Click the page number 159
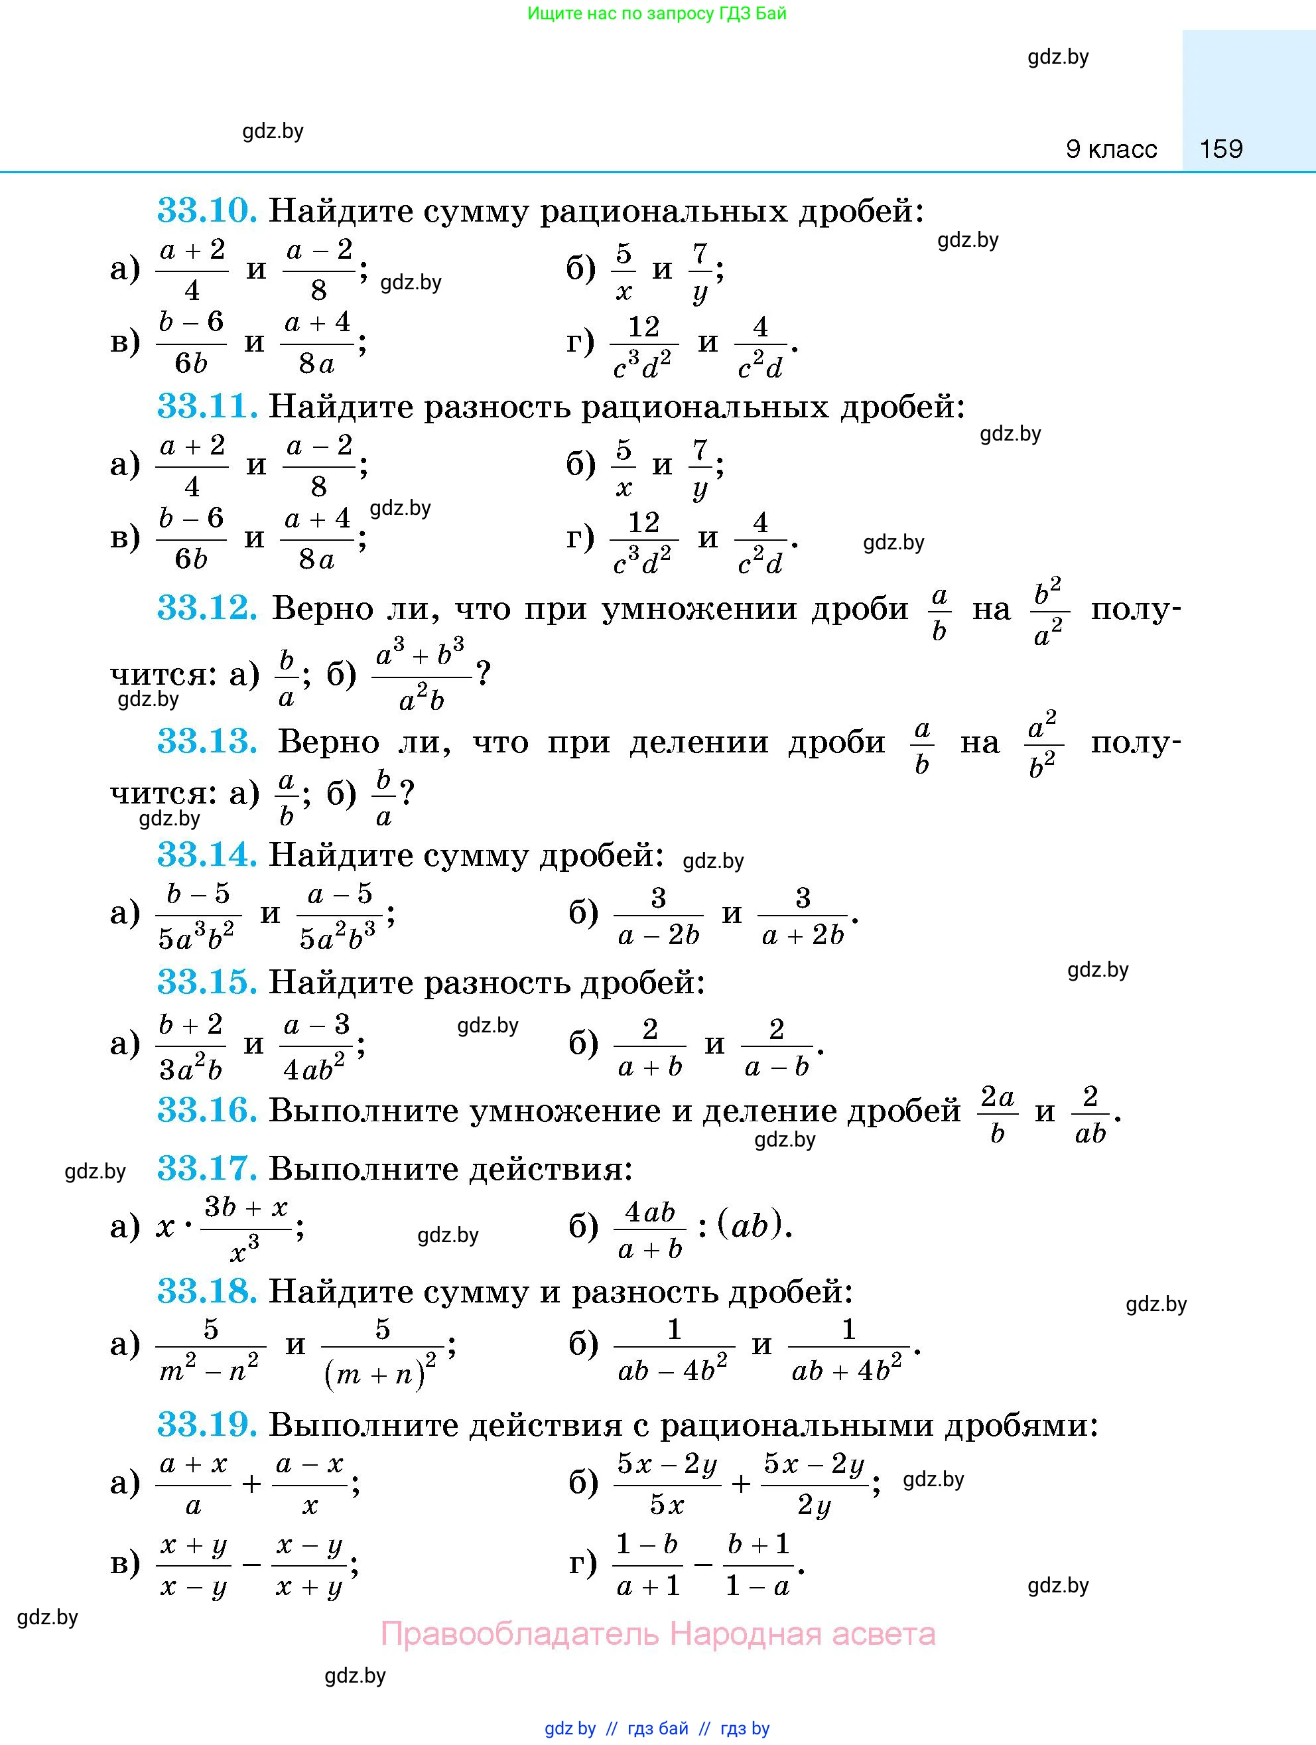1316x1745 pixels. (1220, 149)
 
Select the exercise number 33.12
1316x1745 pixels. (206, 608)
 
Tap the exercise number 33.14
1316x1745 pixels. (206, 855)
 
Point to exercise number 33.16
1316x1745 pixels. (206, 1110)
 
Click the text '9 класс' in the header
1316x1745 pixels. (1111, 149)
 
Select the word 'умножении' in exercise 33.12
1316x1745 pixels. (698, 609)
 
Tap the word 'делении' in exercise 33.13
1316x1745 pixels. (698, 742)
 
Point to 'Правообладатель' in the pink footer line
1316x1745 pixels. (518, 1633)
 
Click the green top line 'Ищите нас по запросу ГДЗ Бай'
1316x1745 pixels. (657, 13)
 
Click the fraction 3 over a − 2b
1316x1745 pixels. (659, 915)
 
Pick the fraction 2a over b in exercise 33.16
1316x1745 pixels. (997, 1113)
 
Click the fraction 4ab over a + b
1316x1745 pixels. (650, 1227)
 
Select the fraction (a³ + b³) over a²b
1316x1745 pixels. (421, 675)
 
